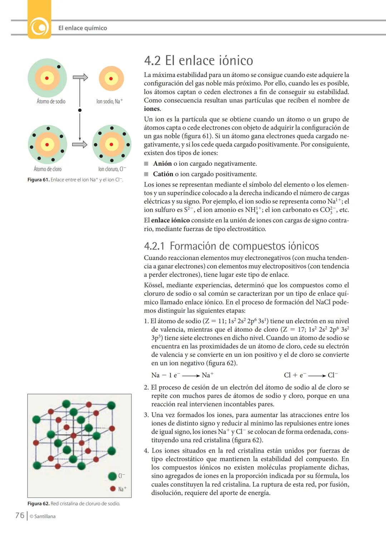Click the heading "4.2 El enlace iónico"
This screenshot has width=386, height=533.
point(198,60)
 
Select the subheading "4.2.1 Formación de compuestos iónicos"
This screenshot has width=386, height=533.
point(231,246)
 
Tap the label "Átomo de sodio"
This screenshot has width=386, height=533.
point(51,102)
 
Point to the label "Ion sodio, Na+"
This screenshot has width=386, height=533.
point(109,102)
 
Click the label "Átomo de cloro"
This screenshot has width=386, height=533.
point(48,169)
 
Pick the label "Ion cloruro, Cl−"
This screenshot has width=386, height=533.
point(112,169)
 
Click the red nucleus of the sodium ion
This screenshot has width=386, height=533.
point(111,79)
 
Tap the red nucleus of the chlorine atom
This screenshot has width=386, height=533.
point(47,144)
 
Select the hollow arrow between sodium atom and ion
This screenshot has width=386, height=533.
point(80,77)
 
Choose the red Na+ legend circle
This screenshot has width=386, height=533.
point(113,489)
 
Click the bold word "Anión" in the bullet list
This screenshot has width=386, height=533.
point(162,164)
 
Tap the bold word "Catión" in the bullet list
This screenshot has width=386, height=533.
point(163,174)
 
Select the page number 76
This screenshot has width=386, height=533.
point(20,515)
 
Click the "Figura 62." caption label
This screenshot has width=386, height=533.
point(38,504)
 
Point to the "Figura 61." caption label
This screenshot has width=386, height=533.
point(38,180)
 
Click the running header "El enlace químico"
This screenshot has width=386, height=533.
point(83,28)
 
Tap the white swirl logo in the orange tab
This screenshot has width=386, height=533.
point(39,27)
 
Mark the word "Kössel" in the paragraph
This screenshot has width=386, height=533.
point(153,285)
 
